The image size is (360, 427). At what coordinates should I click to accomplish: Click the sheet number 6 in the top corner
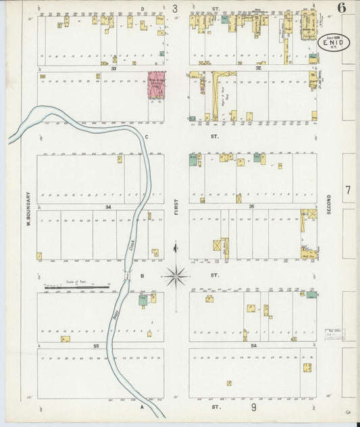click(x=342, y=8)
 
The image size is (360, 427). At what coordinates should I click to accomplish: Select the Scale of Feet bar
click(x=76, y=287)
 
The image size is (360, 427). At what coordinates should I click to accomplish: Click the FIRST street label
click(x=176, y=207)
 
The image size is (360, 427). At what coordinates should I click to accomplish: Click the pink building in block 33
click(x=156, y=87)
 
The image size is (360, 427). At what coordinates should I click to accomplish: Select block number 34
click(x=107, y=206)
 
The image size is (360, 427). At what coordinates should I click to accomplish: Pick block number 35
click(x=251, y=205)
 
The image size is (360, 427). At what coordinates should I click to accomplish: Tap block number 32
click(x=258, y=68)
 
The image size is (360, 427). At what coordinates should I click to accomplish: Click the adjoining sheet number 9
click(x=254, y=407)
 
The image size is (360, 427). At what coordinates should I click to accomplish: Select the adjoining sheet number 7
click(x=348, y=191)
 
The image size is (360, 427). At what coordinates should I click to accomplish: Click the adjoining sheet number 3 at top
click(x=175, y=9)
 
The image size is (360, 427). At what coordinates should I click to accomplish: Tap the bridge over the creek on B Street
click(x=127, y=276)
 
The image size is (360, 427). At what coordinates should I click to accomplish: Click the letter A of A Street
click(x=143, y=407)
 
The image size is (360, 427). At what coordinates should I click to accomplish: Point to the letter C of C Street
click(x=146, y=136)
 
